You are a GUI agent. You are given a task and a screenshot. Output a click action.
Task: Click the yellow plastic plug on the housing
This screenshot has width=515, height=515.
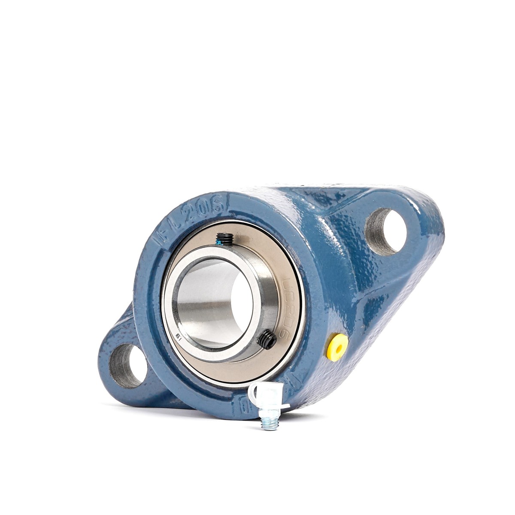[x=337, y=345]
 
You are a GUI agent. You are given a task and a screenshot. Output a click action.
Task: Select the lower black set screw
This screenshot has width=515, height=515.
[x=267, y=339]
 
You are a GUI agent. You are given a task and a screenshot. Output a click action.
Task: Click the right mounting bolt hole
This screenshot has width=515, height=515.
[x=386, y=232]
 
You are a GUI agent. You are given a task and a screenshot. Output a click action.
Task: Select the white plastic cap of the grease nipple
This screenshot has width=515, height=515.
[x=268, y=397]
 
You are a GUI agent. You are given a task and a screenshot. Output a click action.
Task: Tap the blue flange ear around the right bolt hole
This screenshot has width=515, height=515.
[x=412, y=215]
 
